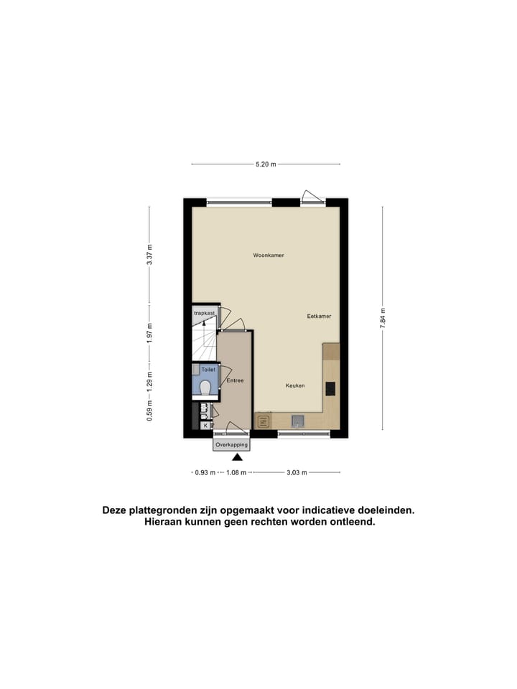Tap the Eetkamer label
coord(318,316)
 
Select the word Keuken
coord(295,385)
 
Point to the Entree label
coord(235,381)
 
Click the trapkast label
coord(204,314)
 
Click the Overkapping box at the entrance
coord(230,445)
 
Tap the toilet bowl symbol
coord(206,388)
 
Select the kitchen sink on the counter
coord(297,421)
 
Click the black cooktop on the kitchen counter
coord(330,388)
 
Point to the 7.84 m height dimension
coord(382,319)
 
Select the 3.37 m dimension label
coord(149,255)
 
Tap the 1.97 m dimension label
coord(149,332)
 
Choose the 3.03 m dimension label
coord(297,472)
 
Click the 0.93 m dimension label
coord(205,472)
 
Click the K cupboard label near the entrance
coord(205,426)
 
